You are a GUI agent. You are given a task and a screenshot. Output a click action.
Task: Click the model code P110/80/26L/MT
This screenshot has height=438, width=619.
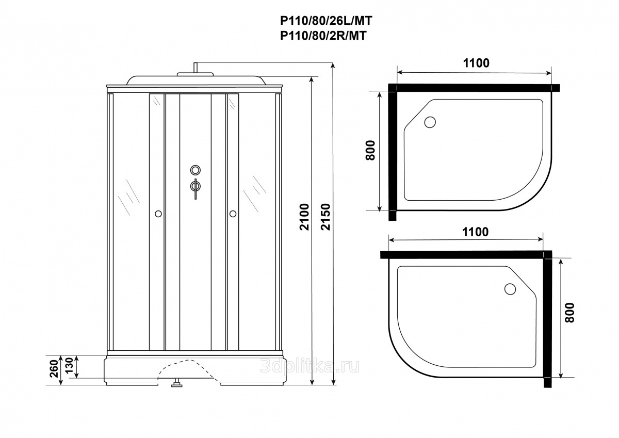326,21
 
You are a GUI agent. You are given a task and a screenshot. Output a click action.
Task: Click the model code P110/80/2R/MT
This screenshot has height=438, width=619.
323,36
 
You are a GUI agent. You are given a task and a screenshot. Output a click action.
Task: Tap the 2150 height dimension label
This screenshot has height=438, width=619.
326,217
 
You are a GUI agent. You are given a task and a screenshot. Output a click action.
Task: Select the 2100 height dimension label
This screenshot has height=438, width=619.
304,217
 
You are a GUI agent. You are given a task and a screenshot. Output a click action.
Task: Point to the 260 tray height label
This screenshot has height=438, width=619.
54,369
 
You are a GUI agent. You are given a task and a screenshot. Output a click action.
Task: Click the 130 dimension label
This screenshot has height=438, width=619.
69,365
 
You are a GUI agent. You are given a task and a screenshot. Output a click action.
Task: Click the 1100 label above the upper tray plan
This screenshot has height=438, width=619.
476,63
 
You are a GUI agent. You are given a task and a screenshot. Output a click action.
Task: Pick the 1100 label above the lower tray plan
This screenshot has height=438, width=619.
475,232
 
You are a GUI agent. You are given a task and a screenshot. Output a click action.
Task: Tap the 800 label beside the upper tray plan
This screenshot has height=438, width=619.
370,150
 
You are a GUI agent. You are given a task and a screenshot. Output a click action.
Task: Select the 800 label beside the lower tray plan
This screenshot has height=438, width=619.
569,313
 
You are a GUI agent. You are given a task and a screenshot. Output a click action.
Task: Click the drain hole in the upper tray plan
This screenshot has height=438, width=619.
430,122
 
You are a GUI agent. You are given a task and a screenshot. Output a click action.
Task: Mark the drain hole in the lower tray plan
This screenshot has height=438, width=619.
510,289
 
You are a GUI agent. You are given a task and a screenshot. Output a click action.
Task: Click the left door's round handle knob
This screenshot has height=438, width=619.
158,214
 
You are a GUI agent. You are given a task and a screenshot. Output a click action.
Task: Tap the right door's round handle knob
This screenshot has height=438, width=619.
233,214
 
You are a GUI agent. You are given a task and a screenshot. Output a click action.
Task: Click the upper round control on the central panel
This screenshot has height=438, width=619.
196,170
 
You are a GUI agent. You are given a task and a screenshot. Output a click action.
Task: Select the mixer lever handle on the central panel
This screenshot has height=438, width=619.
196,189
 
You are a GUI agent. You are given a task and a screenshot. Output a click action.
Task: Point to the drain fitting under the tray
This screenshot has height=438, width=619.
176,383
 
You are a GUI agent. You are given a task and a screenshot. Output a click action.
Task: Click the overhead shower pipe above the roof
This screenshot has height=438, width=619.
196,68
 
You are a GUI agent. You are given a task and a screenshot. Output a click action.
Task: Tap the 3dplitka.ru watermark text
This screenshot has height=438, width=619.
310,367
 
